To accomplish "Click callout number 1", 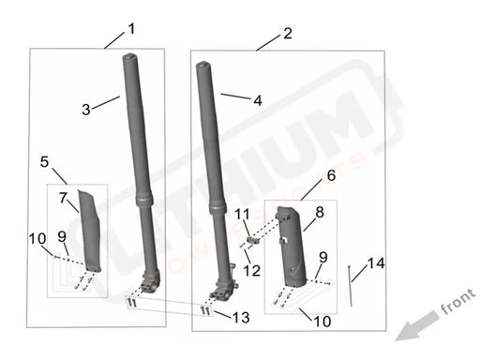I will pyautogui.click(x=130, y=28).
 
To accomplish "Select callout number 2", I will pyautogui.click(x=286, y=33).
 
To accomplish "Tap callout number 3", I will pyautogui.click(x=86, y=110).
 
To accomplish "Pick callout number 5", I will pyautogui.click(x=45, y=162).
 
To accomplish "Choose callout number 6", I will pyautogui.click(x=330, y=176).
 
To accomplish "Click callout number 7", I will pyautogui.click(x=64, y=198).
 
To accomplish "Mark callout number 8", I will pyautogui.click(x=319, y=213).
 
